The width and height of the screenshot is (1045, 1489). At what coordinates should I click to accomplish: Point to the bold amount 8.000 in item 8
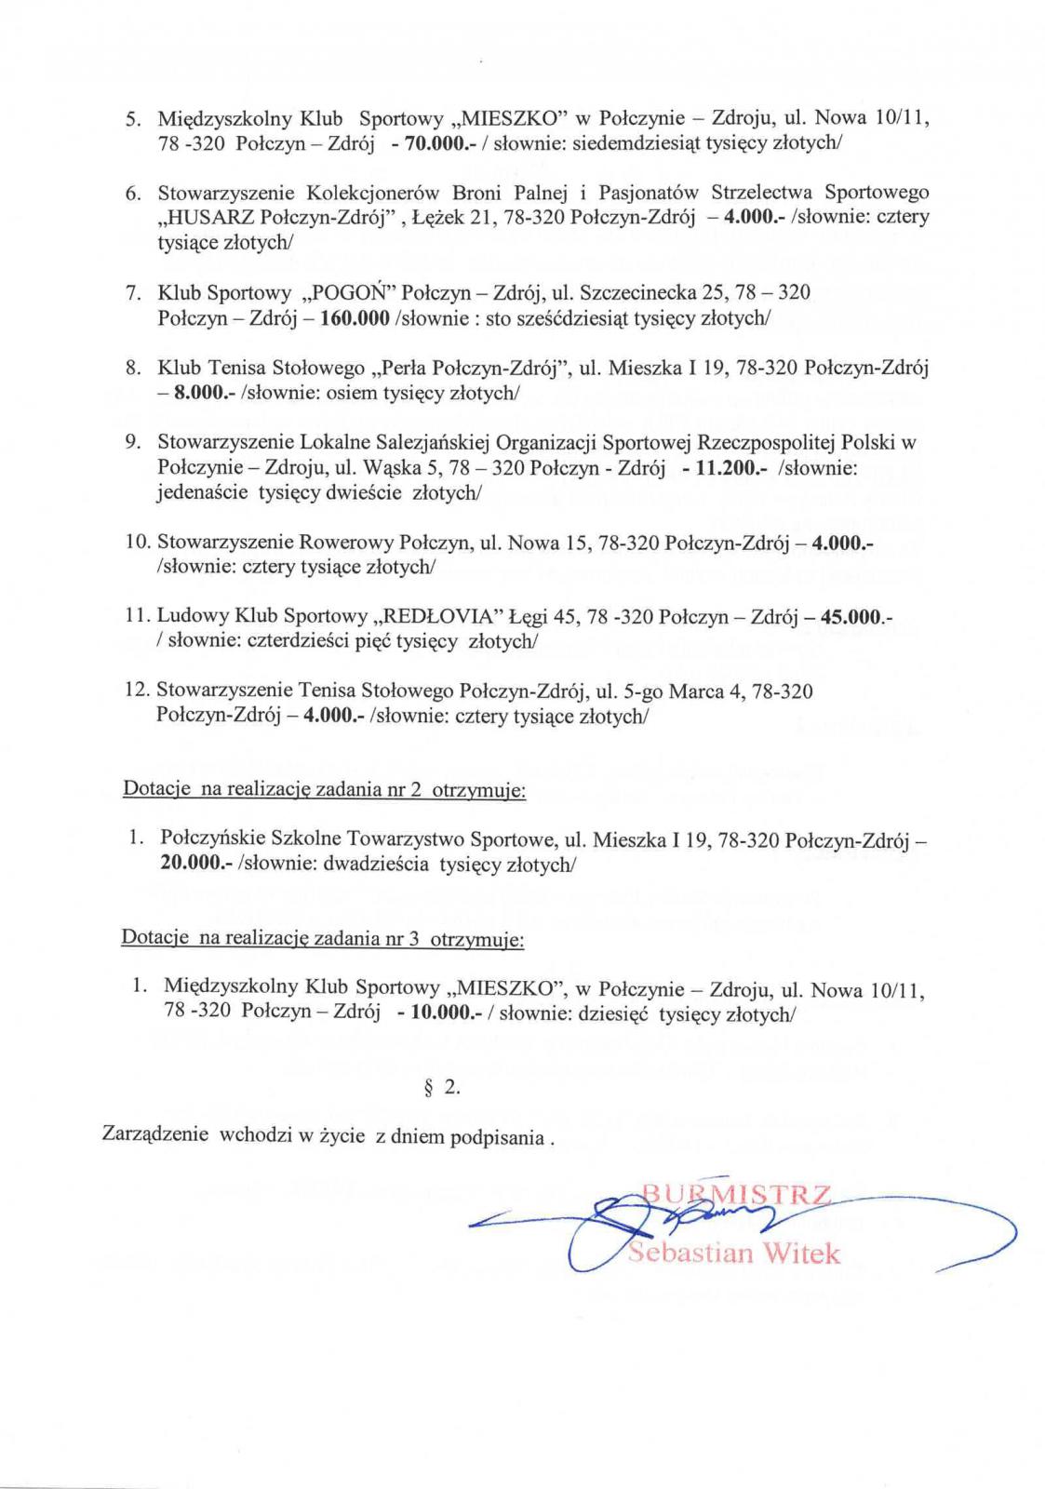pos(196,393)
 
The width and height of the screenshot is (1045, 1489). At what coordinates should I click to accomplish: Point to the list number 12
pos(136,691)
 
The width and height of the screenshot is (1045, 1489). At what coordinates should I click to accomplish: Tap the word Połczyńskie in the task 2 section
pos(209,840)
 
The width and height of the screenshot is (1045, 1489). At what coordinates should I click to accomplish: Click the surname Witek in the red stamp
pos(803,1254)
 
